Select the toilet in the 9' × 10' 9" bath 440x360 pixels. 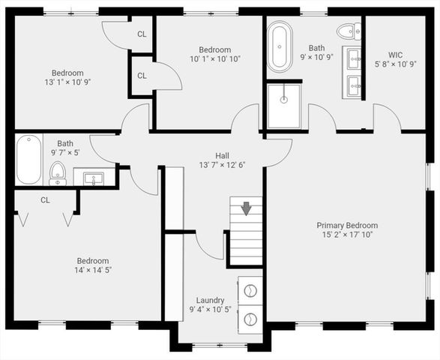coord(348,31)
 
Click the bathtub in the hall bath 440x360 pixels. coord(28,158)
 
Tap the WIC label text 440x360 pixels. coord(397,55)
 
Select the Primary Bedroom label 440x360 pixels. coord(347,225)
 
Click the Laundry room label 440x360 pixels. coord(211,300)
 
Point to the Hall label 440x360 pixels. coord(222,154)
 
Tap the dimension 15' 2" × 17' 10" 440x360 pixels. coord(347,235)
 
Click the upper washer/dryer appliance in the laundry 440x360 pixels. coord(250,289)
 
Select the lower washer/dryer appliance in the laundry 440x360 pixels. coord(250,318)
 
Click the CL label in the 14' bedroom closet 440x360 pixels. coord(45,200)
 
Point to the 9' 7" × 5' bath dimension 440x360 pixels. coord(65,153)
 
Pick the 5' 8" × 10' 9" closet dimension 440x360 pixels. coord(397,64)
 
